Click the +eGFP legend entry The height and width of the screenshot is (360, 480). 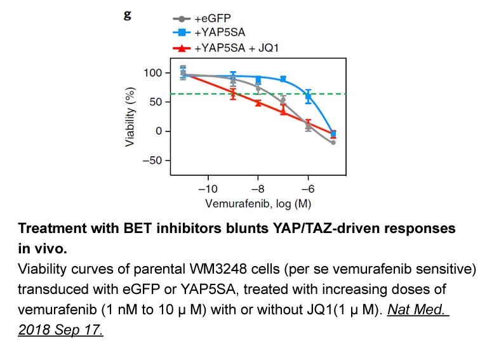[202, 18]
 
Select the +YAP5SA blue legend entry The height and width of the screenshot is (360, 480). [209, 32]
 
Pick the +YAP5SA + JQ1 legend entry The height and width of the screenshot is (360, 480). [225, 48]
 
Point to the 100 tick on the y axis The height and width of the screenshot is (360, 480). [153, 73]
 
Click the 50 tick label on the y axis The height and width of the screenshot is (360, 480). [156, 102]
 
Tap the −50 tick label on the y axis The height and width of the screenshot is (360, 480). [152, 160]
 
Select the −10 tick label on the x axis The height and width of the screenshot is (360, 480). [208, 189]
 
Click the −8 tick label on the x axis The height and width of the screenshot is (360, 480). [258, 189]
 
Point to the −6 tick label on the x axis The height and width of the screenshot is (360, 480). [308, 189]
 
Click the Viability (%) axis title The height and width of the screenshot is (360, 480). [130, 117]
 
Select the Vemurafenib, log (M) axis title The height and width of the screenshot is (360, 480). [258, 204]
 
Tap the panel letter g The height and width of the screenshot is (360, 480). [128, 15]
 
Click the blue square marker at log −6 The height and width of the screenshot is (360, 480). [309, 97]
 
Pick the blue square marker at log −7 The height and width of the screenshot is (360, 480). [283, 79]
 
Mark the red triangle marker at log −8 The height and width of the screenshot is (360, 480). [258, 103]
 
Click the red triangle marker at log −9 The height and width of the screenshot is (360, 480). [233, 93]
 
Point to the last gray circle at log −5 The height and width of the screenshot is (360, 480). [333, 142]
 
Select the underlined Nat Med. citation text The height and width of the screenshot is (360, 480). [418, 309]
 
